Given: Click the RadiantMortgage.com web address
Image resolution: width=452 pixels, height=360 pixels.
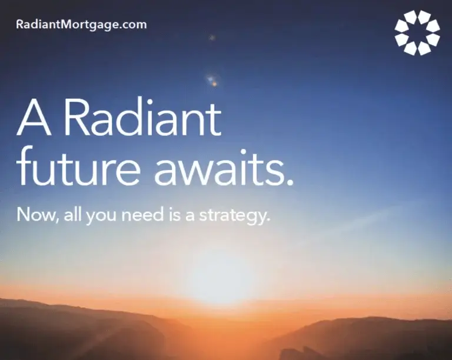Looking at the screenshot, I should [82, 25].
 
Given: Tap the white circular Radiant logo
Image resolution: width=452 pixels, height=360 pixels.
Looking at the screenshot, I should [417, 32].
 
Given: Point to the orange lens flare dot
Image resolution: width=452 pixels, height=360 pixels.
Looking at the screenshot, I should [214, 84].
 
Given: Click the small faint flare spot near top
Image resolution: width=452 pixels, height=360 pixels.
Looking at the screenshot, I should [212, 38].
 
